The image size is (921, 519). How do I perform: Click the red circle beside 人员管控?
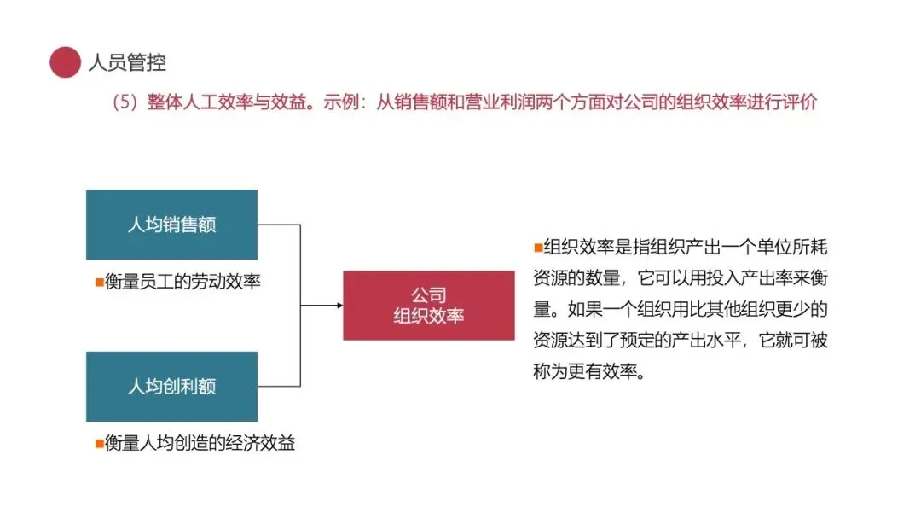point(65,61)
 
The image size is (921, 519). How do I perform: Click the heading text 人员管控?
point(127,61)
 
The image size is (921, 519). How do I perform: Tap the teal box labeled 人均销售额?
point(171,225)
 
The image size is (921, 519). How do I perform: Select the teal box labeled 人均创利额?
point(171,386)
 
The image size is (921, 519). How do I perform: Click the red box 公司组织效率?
point(428,305)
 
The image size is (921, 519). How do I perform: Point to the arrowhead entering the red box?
point(339,305)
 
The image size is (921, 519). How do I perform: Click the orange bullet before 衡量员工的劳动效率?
point(99,281)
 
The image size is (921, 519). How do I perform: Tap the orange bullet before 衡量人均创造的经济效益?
point(99,444)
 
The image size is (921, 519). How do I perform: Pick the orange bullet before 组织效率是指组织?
point(537,248)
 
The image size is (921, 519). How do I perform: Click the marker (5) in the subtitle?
point(125,102)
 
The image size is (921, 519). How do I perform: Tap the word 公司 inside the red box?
point(428,294)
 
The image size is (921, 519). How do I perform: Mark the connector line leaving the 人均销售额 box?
point(279,225)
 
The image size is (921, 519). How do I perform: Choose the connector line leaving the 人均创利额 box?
point(279,386)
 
